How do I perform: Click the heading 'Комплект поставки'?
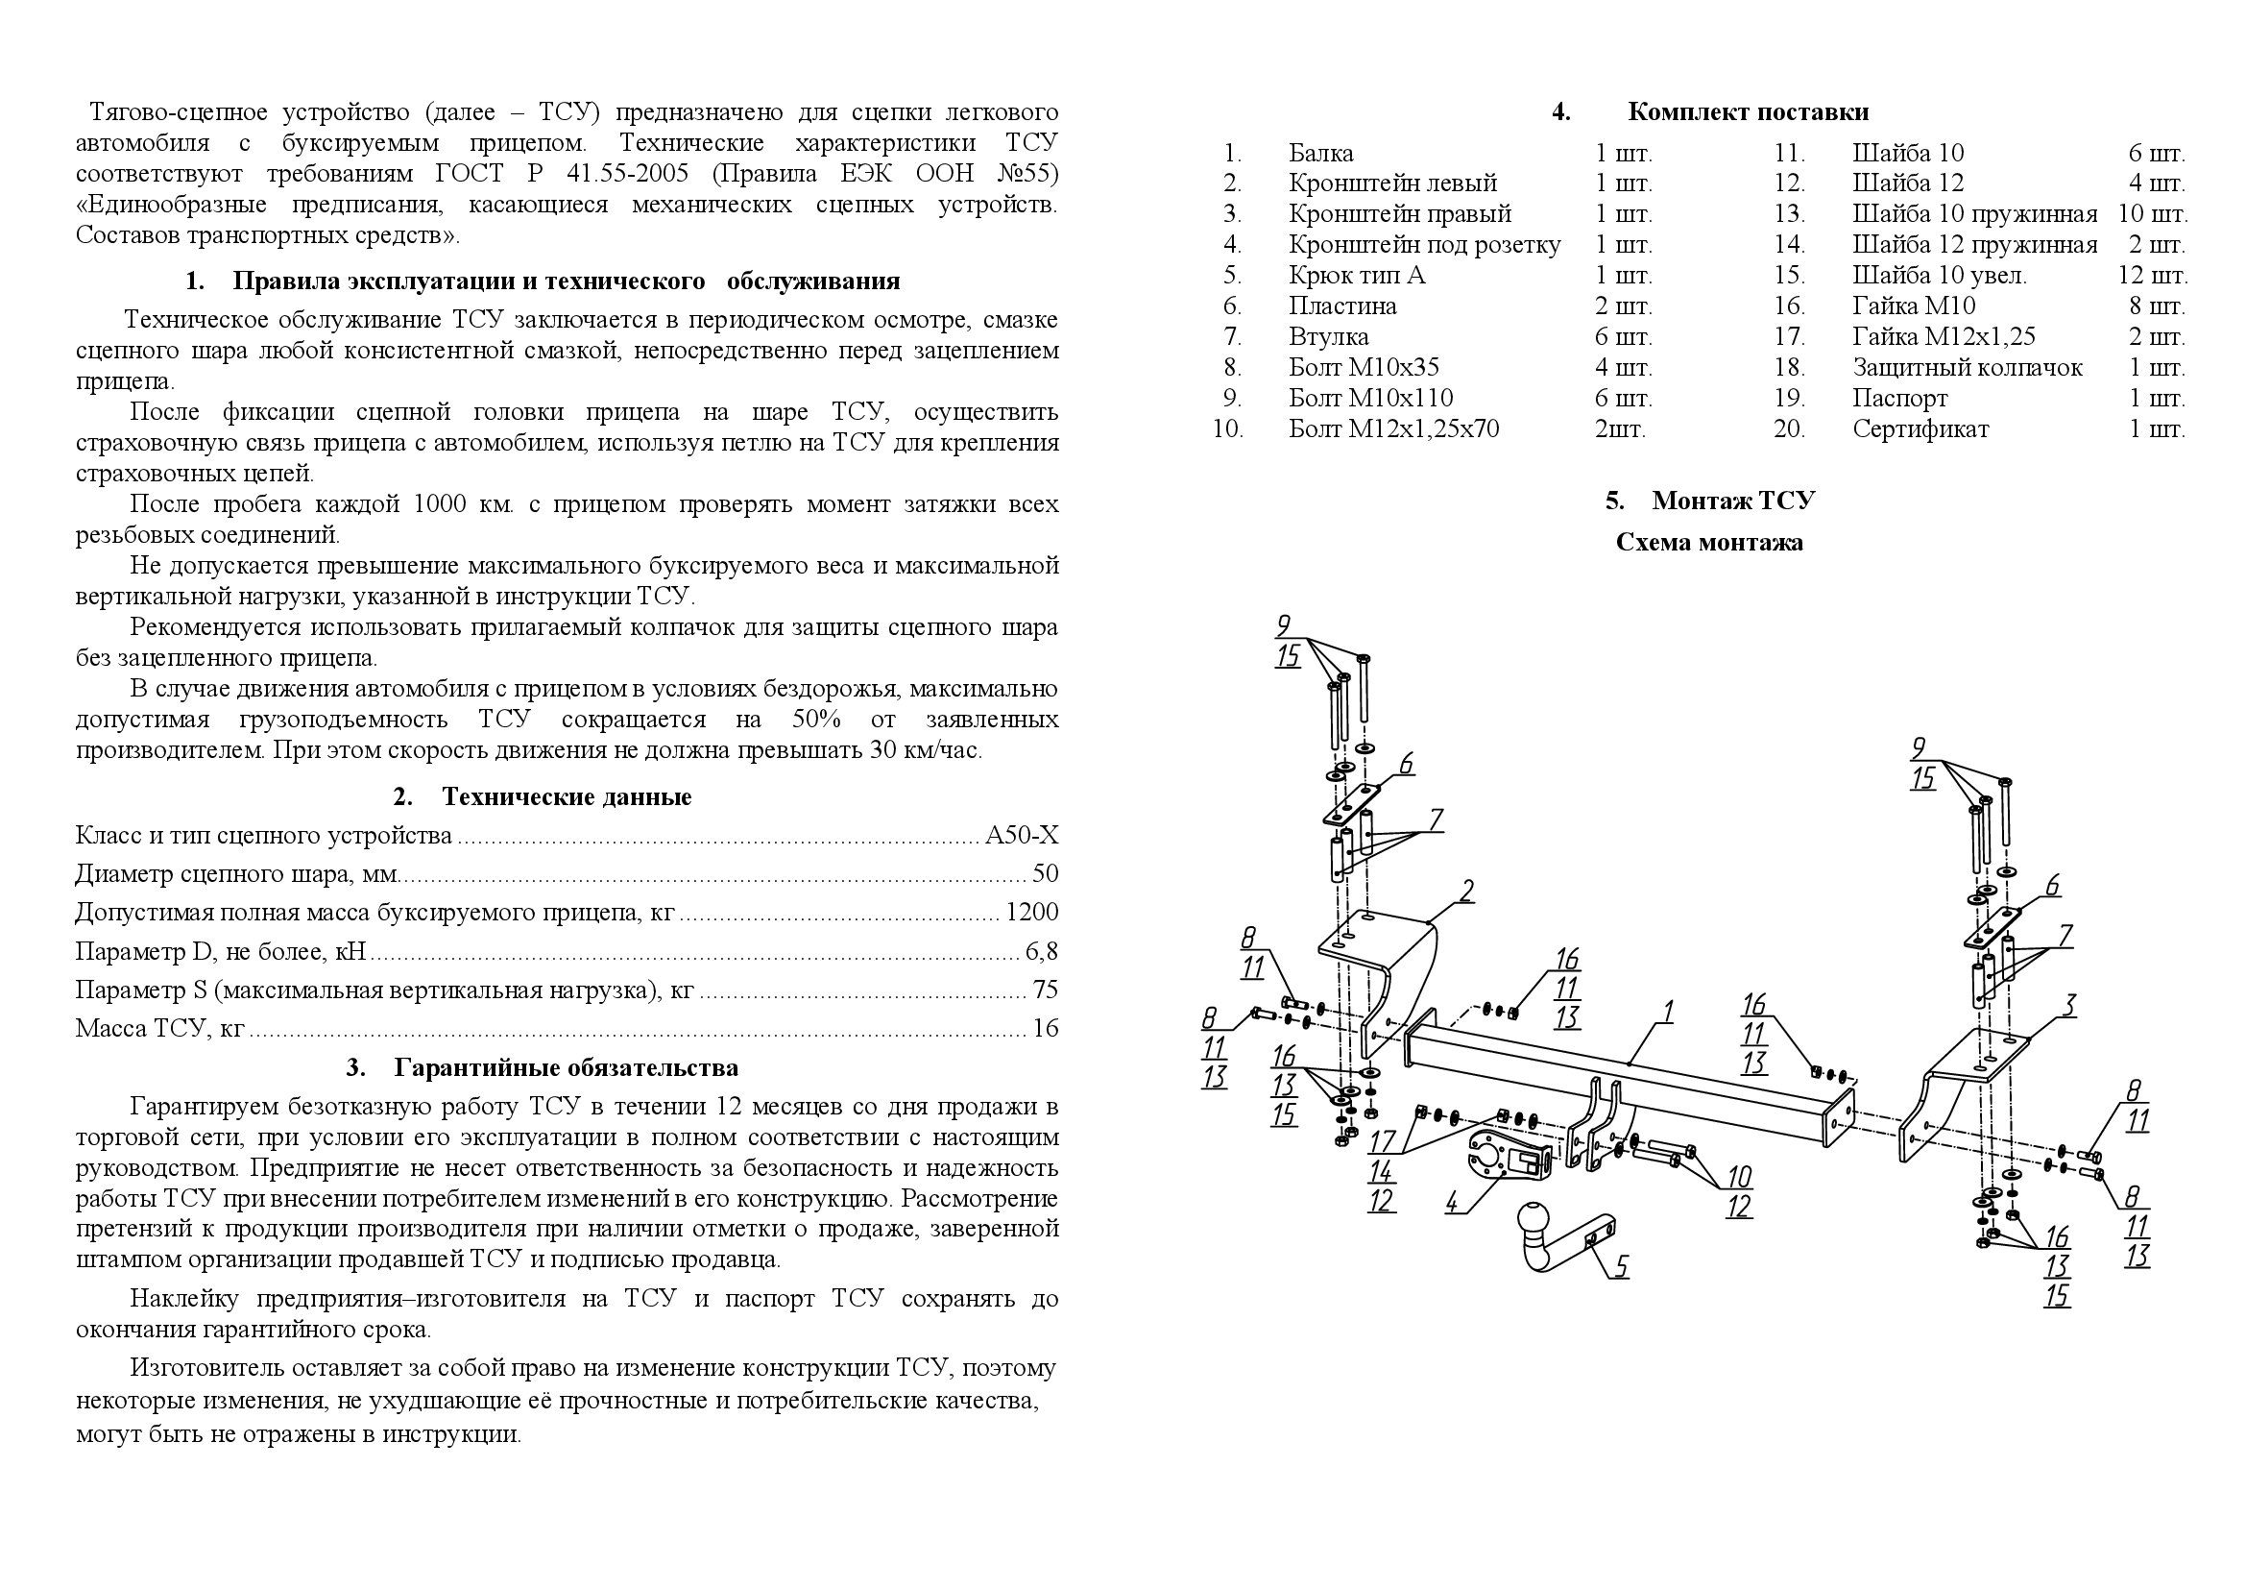pos(1747,112)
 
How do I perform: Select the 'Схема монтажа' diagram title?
pos(1709,543)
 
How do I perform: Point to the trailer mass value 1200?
pos(1032,913)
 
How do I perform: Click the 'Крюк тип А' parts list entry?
pos(1357,276)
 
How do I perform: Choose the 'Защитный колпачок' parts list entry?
pos(1968,368)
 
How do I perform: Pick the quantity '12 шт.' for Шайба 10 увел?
pos(2152,276)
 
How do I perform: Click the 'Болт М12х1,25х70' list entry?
pos(1393,429)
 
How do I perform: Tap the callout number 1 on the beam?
pos(1668,1011)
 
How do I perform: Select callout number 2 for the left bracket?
pos(1466,891)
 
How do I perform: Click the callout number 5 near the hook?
pos(1621,1267)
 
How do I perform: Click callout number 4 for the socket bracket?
pos(1452,1202)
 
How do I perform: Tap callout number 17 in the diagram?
pos(1381,1141)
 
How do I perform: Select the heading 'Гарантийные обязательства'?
pos(567,1067)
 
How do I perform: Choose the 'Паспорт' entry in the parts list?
pos(1898,400)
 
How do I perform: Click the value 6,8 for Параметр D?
pos(1042,951)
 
